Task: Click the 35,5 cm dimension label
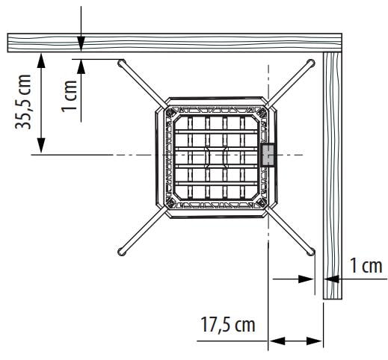(23, 102)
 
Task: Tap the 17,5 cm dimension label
(228, 325)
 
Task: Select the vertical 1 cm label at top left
(70, 96)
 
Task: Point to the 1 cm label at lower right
(366, 266)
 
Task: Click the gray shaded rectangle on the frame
(268, 155)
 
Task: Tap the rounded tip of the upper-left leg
(121, 63)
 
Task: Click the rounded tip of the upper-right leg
(311, 63)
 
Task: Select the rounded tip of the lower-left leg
(121, 252)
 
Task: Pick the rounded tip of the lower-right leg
(310, 252)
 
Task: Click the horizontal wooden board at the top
(174, 43)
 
